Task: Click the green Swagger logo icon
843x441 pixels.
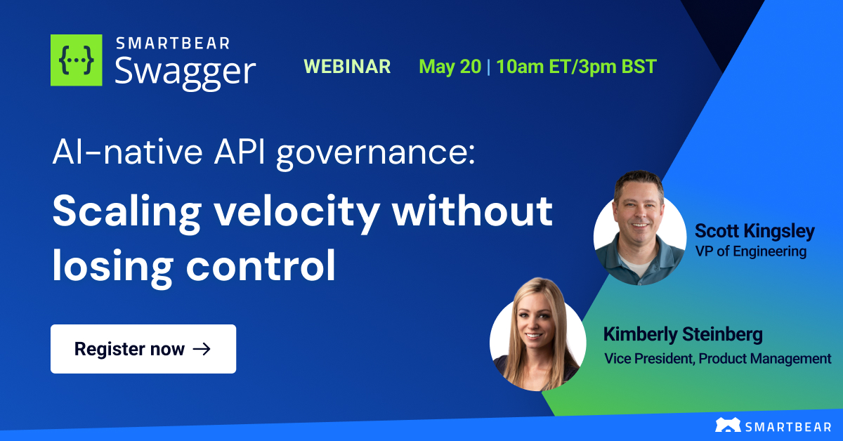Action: [x=77, y=60]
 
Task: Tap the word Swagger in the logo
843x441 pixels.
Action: [x=185, y=72]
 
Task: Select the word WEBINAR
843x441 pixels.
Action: [x=347, y=67]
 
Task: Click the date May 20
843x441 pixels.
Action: [x=450, y=67]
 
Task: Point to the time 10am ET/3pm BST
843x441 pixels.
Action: [x=576, y=67]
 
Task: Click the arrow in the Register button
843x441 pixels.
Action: [x=202, y=349]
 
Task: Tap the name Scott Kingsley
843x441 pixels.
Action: [x=754, y=231]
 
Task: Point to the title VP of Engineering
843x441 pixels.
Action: [x=750, y=251]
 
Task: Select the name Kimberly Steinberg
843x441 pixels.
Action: [x=683, y=334]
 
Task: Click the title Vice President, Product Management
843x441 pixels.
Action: [x=717, y=358]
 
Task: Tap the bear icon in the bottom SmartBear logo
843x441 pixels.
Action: [x=727, y=425]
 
